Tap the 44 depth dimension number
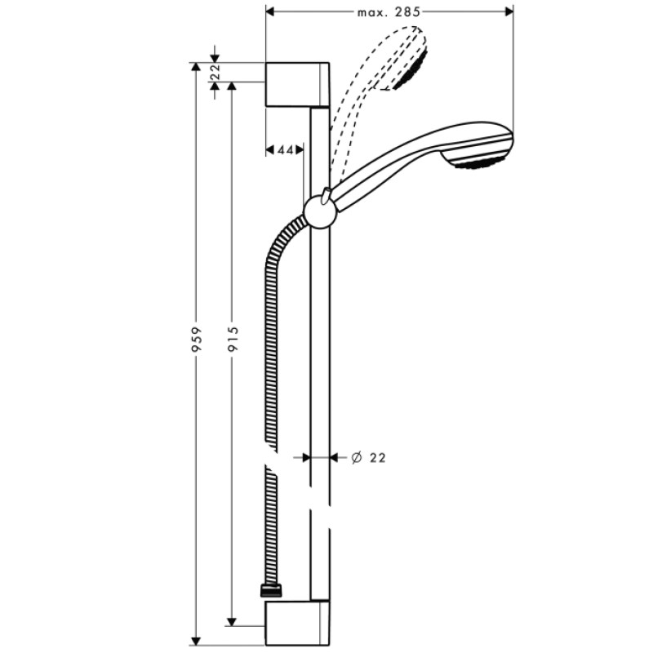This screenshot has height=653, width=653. click(x=284, y=150)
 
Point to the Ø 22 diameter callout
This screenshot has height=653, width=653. click(x=368, y=458)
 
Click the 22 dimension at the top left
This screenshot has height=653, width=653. click(x=215, y=72)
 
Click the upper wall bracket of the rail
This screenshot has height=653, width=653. click(x=297, y=84)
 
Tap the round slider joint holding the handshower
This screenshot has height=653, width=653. click(x=319, y=212)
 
